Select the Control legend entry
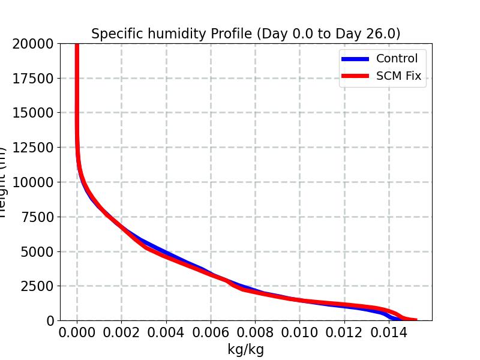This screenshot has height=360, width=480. point(397,58)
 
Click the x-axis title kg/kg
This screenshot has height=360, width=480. point(246,349)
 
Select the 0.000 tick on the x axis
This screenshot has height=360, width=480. point(77,332)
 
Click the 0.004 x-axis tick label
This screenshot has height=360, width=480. point(166,332)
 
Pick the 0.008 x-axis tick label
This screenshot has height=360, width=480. point(255,332)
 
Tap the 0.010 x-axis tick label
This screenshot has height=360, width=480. point(299,332)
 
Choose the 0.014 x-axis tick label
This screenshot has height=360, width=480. point(389,332)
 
